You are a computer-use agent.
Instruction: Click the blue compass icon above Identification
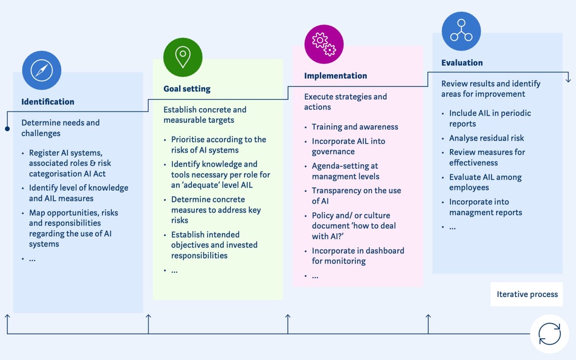pyautogui.click(x=42, y=71)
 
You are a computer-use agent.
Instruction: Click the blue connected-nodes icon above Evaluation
pyautogui.click(x=461, y=31)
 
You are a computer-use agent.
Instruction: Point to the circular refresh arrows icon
pyautogui.click(x=549, y=333)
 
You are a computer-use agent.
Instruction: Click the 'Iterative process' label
pyautogui.click(x=527, y=294)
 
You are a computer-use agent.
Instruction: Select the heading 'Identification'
pyautogui.click(x=48, y=102)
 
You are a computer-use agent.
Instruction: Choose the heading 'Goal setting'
pyautogui.click(x=187, y=89)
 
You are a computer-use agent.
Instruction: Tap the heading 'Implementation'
pyautogui.click(x=336, y=76)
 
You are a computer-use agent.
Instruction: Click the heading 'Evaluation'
pyautogui.click(x=462, y=63)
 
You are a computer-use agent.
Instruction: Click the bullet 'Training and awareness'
pyautogui.click(x=355, y=127)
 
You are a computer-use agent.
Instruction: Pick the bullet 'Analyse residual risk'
pyautogui.click(x=486, y=138)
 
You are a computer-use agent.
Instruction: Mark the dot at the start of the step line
pyautogui.click(x=7, y=129)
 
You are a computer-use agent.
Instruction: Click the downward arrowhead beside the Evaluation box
pyautogui.click(x=568, y=78)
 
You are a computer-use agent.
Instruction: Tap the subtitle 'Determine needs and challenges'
pyautogui.click(x=60, y=128)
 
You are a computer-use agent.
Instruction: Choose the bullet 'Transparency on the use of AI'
pyautogui.click(x=356, y=196)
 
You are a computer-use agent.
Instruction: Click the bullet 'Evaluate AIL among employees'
pyautogui.click(x=485, y=182)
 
